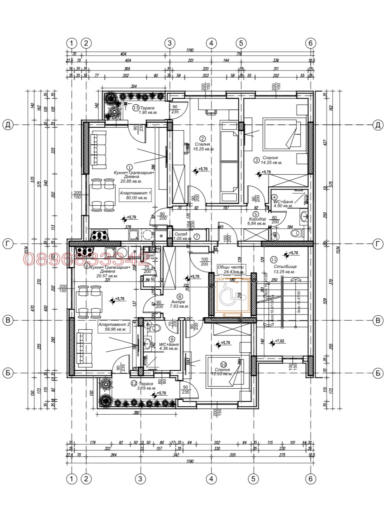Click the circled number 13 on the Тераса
click(x=136, y=108)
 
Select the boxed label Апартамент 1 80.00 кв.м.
click(x=136, y=195)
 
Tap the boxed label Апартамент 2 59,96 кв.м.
click(x=114, y=327)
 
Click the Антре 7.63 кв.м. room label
click(x=180, y=304)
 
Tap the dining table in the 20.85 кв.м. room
click(x=102, y=194)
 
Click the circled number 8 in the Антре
click(x=179, y=296)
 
